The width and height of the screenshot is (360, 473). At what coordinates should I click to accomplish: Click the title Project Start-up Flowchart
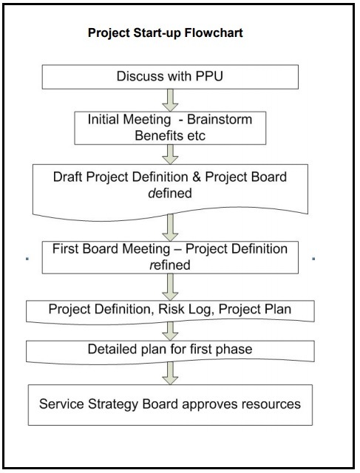point(166,33)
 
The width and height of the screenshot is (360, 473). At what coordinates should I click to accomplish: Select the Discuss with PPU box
point(170,77)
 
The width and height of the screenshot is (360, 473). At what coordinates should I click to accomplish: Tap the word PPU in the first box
point(209,76)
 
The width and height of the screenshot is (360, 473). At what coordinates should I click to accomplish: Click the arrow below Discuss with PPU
point(170,101)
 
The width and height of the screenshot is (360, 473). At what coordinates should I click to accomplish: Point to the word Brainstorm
point(220,120)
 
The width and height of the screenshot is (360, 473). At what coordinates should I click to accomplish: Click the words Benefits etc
point(170,136)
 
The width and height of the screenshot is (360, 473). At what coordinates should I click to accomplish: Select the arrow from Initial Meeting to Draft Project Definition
point(170,154)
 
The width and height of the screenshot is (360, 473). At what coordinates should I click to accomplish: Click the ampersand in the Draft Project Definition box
point(197,177)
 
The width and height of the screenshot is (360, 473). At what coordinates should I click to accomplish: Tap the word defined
point(170,194)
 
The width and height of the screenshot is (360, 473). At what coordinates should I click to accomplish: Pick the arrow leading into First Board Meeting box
point(170,228)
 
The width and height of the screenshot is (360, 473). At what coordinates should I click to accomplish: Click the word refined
point(170,265)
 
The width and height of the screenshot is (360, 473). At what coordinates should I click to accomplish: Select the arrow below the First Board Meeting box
point(170,287)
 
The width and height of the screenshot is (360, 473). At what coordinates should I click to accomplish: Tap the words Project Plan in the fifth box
point(255,310)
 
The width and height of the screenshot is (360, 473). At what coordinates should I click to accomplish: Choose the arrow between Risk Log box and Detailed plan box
point(170,331)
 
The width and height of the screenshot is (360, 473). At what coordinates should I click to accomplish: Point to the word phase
point(236,350)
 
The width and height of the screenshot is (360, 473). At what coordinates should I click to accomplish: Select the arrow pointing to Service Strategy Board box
point(170,373)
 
